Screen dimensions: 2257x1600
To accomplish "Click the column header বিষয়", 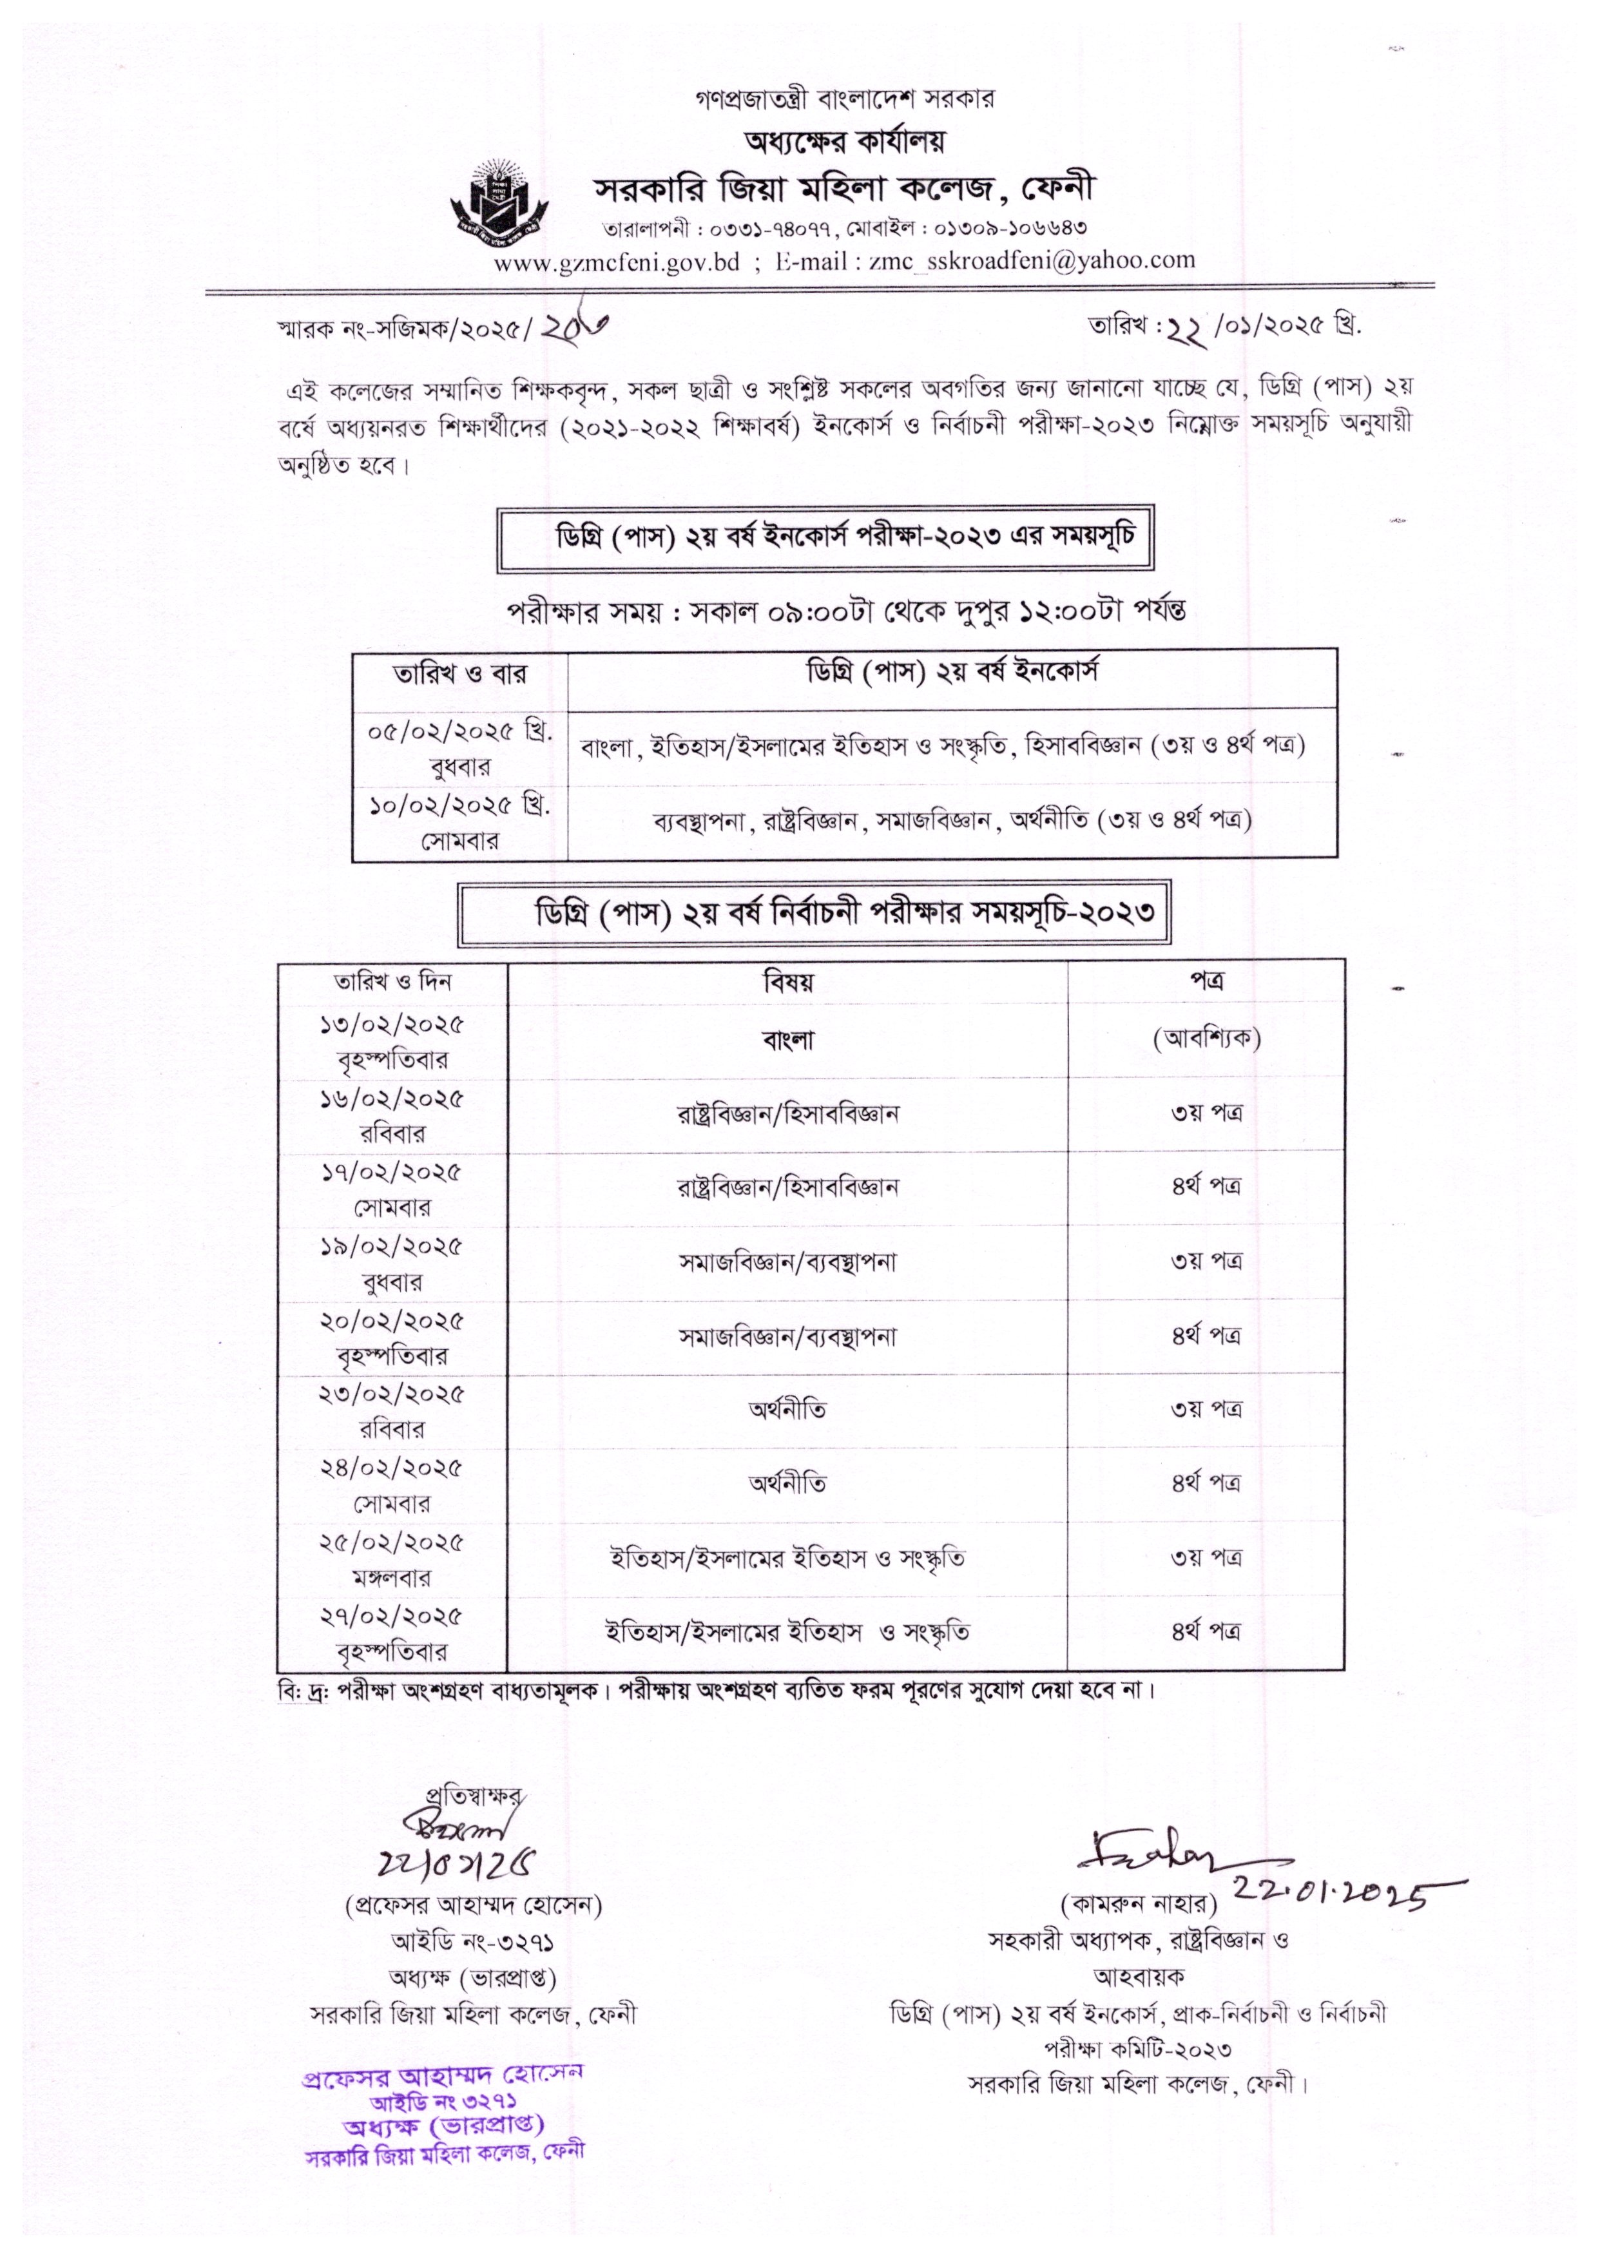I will point(787,982).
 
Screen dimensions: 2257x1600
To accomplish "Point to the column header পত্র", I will point(1206,981).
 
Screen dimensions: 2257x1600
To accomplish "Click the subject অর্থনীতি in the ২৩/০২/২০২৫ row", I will point(787,1410).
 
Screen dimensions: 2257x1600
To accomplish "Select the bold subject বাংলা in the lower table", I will point(787,1039).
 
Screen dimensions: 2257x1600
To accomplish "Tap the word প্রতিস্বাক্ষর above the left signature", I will point(473,1795).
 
